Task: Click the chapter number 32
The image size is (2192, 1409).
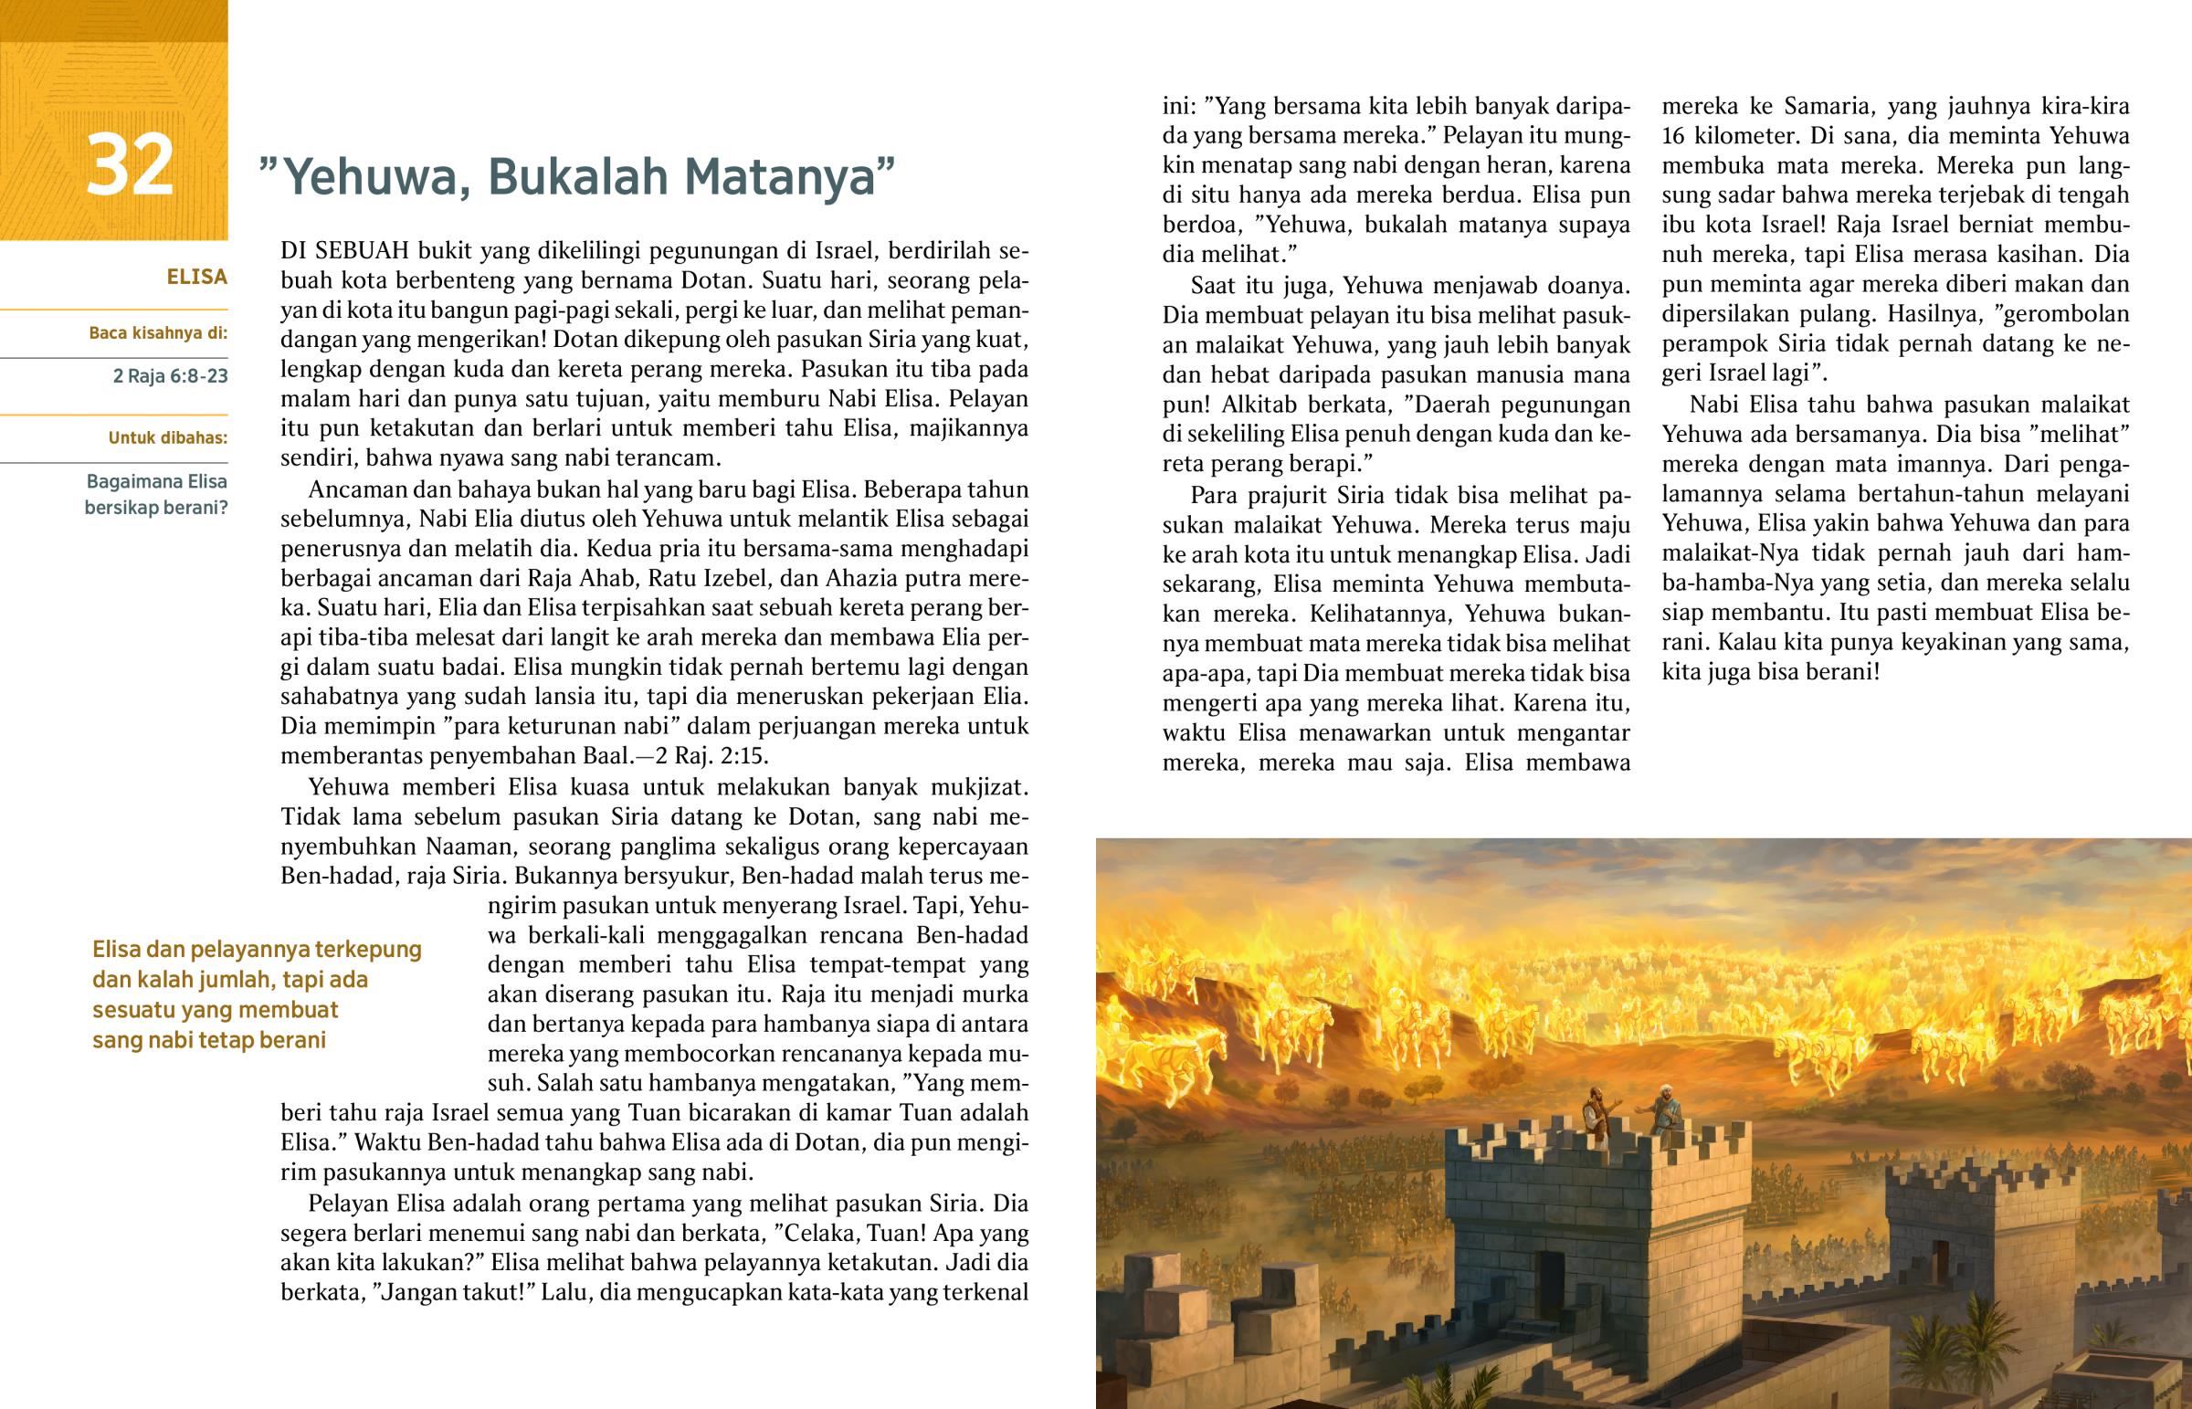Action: (130, 165)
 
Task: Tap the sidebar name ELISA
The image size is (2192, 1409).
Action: (196, 278)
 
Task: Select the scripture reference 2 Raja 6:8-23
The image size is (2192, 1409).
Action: (170, 376)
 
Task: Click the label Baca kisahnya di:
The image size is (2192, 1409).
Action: (157, 333)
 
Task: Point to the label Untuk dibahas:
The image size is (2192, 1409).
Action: (167, 437)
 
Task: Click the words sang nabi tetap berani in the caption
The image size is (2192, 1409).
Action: (208, 1040)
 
